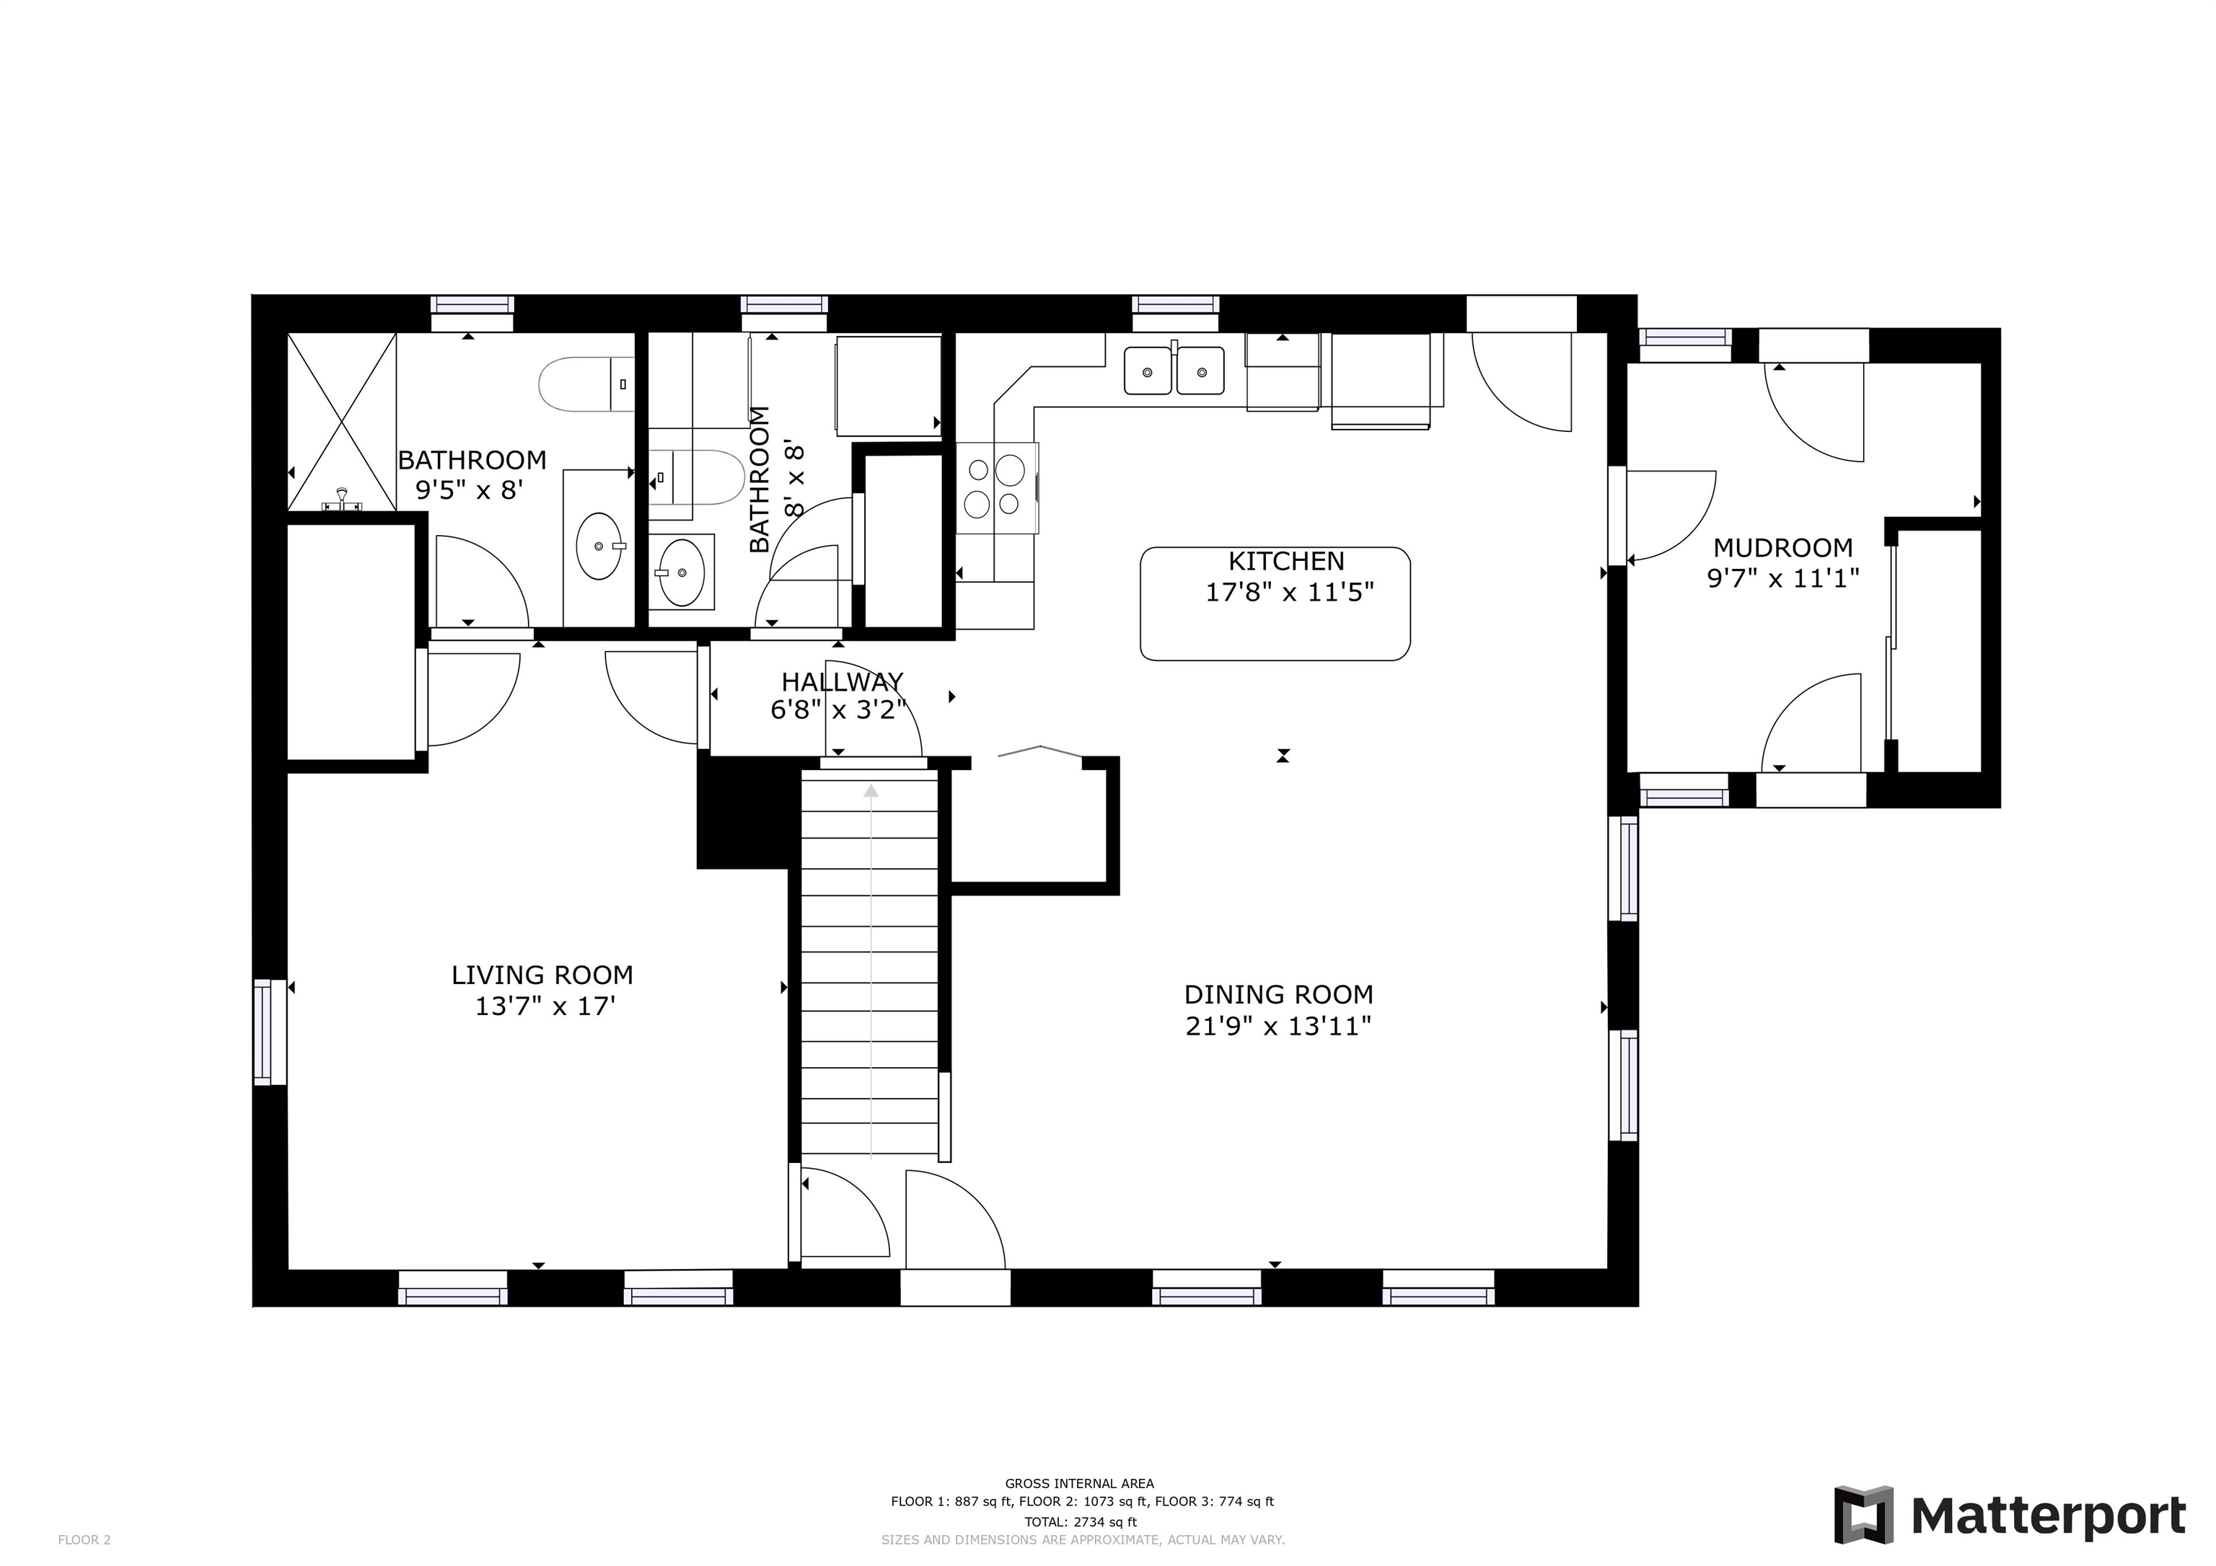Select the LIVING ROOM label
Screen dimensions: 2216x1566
(542, 975)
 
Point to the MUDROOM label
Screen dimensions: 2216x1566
(1782, 548)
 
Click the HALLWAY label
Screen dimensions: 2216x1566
(843, 682)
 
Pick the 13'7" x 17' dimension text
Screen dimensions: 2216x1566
(545, 1007)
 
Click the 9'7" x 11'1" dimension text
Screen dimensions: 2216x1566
(1782, 578)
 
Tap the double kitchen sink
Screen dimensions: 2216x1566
(1174, 371)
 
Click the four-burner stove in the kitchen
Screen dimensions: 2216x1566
(998, 487)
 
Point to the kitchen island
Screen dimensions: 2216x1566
(1275, 604)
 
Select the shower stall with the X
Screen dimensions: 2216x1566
(343, 422)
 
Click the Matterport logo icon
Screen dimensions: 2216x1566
(1863, 1515)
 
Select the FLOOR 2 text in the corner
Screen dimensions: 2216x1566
(85, 1540)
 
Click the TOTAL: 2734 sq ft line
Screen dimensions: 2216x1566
(1080, 1523)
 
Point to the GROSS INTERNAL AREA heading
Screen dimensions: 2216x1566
(1079, 1484)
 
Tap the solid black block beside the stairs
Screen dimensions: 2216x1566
(745, 810)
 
